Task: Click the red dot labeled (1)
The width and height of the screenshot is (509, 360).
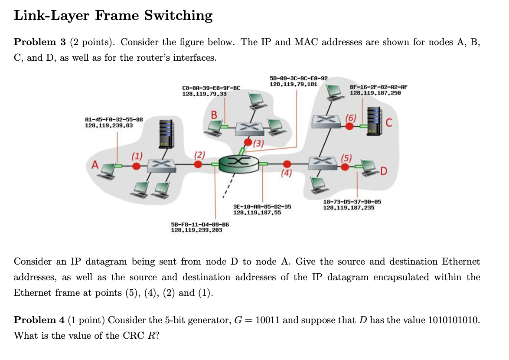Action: coord(136,166)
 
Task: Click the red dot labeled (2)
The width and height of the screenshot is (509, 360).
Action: coord(198,164)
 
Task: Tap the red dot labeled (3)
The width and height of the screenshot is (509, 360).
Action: coord(248,142)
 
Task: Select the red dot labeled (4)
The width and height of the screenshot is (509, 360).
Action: coord(287,164)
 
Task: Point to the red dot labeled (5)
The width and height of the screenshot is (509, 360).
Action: coord(345,167)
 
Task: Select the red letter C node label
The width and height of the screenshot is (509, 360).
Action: coord(389,123)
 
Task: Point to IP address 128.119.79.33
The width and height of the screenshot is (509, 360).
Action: coord(204,93)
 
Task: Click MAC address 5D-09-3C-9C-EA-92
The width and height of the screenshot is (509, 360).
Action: coord(298,79)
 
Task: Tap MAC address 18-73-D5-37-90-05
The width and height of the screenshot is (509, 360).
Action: coord(352,202)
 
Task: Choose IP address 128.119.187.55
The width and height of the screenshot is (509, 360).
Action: coord(257,213)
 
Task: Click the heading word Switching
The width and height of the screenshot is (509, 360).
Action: coord(178,16)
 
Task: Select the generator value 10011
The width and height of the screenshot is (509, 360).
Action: coord(268,320)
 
